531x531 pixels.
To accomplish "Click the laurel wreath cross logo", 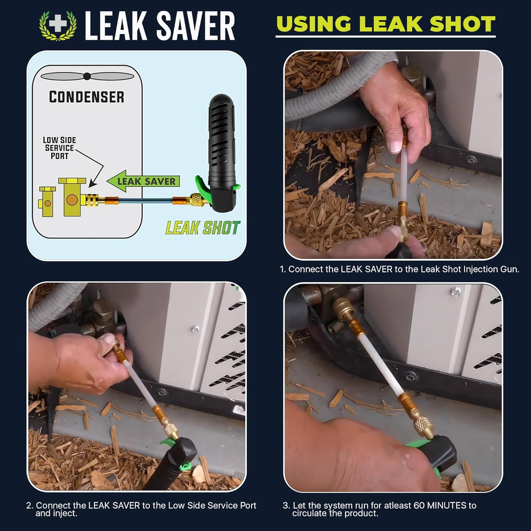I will [58, 25].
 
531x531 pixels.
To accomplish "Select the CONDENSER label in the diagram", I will [87, 97].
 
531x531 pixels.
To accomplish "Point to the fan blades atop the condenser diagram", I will [87, 76].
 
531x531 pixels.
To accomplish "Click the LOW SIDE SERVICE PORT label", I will [59, 148].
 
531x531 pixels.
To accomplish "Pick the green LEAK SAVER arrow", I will [143, 181].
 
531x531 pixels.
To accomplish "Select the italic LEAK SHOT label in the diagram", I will [202, 228].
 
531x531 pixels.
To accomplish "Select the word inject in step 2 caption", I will [65, 513].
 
